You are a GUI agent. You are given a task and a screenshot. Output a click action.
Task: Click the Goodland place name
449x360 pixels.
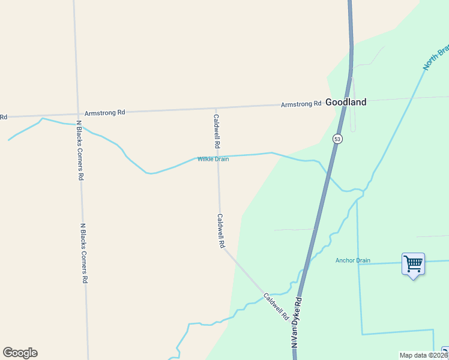tap(346, 103)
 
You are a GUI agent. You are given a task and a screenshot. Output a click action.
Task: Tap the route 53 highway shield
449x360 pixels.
tap(337, 139)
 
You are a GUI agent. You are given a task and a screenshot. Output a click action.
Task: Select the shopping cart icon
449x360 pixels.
tap(413, 263)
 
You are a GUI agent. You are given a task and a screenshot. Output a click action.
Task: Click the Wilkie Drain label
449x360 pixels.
tap(213, 159)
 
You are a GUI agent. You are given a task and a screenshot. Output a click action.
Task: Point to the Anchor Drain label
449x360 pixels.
tap(352, 260)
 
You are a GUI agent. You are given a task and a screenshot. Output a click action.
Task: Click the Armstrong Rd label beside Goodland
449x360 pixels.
tap(301, 104)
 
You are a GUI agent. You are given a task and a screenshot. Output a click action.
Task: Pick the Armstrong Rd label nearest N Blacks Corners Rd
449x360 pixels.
tap(104, 112)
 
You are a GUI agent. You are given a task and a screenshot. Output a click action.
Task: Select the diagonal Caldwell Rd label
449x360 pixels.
tap(276, 305)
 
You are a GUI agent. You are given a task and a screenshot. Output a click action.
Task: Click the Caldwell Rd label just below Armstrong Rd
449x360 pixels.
tap(217, 132)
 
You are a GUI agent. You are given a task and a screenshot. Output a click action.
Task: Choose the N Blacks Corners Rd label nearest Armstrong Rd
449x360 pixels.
tap(79, 150)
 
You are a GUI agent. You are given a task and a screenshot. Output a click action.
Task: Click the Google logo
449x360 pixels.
tap(20, 353)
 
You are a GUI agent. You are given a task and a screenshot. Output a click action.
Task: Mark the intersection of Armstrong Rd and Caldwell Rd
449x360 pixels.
tap(216, 109)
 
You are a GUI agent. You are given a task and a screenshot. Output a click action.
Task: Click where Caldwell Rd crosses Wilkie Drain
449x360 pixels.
tap(218, 158)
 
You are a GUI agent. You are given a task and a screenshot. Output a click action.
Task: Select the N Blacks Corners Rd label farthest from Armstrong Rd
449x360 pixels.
tap(85, 253)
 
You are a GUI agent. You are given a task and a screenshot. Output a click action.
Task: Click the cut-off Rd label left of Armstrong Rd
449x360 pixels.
tap(4, 116)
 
